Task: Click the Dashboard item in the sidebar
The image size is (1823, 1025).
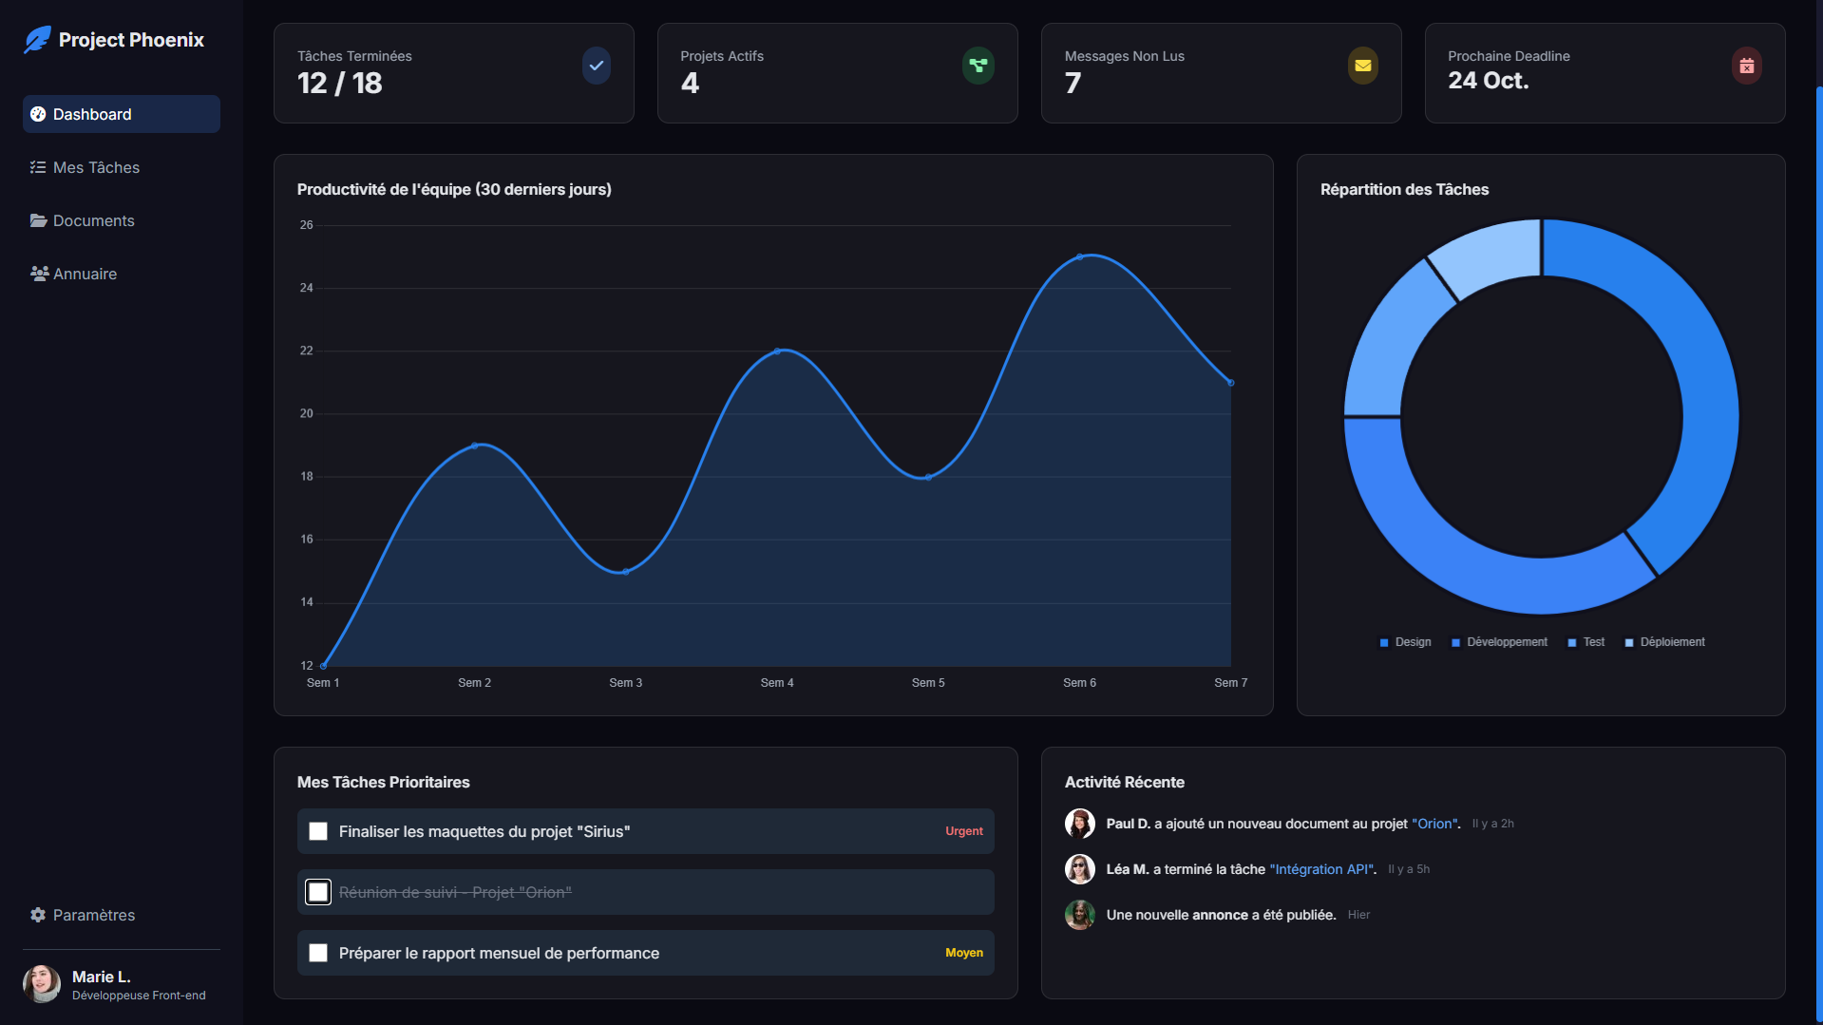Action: click(122, 114)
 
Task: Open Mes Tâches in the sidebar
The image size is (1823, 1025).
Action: click(96, 167)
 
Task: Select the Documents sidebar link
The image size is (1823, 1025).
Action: click(93, 220)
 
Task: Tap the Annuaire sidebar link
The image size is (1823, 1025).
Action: click(85, 274)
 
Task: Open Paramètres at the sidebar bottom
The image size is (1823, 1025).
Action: click(93, 915)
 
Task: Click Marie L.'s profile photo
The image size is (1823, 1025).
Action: click(42, 984)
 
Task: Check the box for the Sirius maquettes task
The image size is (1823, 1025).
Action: click(318, 831)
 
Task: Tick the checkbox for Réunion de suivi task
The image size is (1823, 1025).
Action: click(318, 892)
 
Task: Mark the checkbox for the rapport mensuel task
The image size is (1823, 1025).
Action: click(318, 953)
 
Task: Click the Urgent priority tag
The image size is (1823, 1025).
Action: click(963, 831)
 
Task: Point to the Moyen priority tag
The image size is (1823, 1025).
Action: click(963, 953)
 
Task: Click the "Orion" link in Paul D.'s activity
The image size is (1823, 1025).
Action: click(1434, 824)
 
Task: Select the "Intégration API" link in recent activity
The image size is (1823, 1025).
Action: click(1321, 869)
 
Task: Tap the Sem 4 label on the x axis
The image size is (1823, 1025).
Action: click(777, 683)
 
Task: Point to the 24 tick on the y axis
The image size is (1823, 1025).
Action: click(306, 288)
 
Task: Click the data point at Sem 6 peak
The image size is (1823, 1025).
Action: click(1080, 256)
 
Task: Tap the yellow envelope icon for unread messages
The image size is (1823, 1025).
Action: click(1362, 66)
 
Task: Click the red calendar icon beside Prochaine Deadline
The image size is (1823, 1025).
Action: click(1746, 66)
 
